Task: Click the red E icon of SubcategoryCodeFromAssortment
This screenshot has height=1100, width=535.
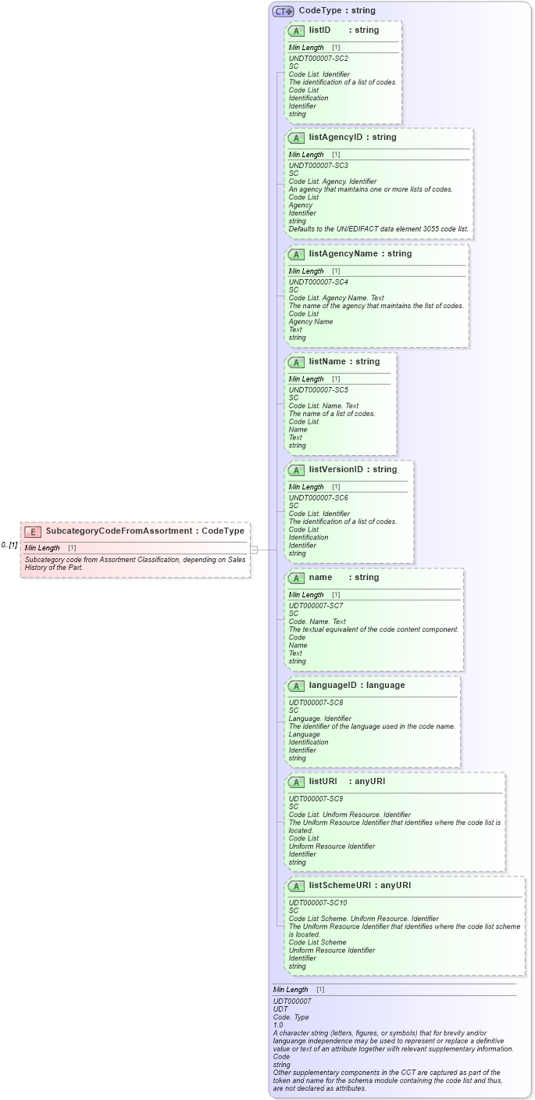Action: [x=33, y=532]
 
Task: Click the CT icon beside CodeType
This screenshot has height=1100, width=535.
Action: [x=283, y=11]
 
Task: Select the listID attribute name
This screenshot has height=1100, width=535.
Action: [x=319, y=30]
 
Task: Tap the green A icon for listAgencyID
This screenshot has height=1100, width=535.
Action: [x=296, y=138]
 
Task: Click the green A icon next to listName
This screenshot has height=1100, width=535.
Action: [x=296, y=362]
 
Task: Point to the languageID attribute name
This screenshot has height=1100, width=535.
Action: [x=333, y=686]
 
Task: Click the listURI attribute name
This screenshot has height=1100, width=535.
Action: [x=323, y=782]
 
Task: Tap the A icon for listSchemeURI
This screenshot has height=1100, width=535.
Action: [x=296, y=886]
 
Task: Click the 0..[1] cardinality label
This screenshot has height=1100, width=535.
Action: [x=9, y=545]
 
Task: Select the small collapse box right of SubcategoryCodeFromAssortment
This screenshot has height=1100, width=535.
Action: [x=254, y=550]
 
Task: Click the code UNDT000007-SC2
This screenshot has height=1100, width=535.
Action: [x=318, y=59]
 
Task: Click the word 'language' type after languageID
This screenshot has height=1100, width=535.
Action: [x=386, y=686]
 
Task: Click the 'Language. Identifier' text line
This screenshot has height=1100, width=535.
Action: [x=319, y=718]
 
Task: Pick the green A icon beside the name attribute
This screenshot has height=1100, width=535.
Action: [x=296, y=578]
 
